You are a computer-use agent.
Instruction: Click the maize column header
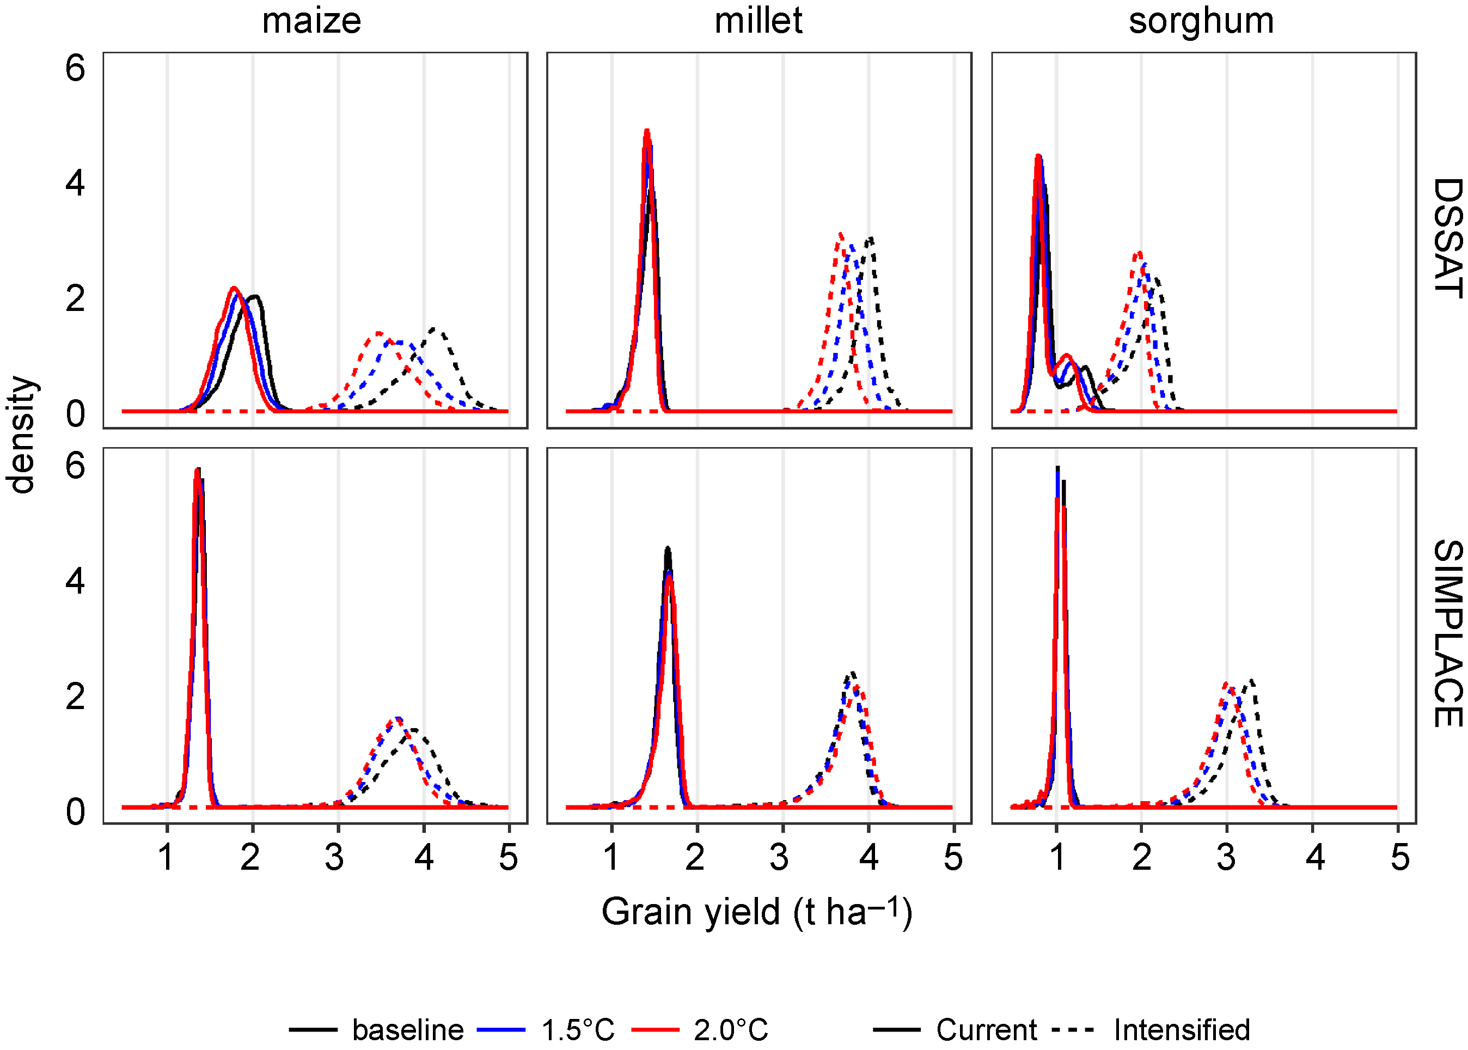pos(311,21)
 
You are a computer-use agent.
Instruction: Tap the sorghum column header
pos(1201,21)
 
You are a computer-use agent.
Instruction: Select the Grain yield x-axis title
pos(756,912)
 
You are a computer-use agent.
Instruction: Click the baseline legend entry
pos(407,1029)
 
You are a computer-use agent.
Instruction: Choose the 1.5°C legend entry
pos(577,1029)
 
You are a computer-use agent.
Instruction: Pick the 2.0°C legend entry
pos(730,1029)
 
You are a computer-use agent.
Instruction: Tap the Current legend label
pos(986,1029)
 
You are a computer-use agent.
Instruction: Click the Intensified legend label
pos(1182,1029)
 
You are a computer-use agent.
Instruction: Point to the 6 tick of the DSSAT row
pos(75,69)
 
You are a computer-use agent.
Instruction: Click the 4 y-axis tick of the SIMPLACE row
pos(75,581)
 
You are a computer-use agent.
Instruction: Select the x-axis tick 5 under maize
pos(508,857)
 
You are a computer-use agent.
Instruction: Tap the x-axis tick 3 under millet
pos(779,857)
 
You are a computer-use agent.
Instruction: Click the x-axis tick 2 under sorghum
pos(1141,857)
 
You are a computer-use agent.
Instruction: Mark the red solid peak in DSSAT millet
pos(646,131)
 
